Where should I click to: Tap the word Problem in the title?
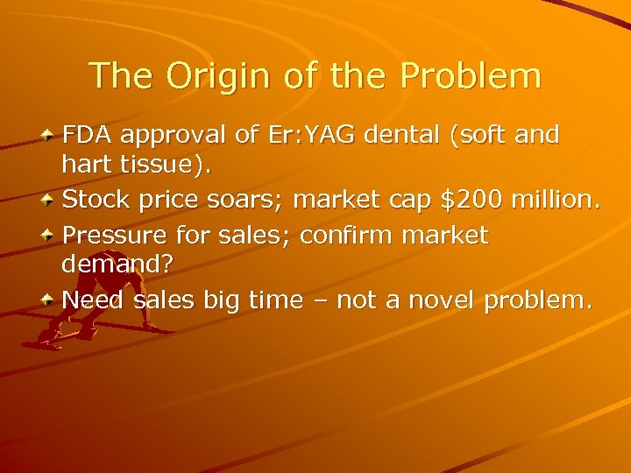coord(471,75)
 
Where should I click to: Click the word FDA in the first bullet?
coord(87,135)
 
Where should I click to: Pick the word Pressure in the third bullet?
coord(112,235)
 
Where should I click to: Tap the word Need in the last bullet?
coord(93,300)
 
